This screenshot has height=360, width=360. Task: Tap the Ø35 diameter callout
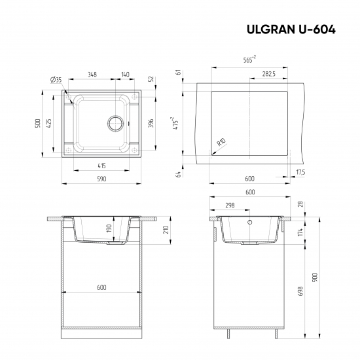(x=56, y=80)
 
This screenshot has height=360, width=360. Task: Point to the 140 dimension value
(x=125, y=73)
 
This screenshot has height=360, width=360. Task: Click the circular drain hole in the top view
(x=116, y=122)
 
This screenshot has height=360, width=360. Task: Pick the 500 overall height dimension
(x=39, y=122)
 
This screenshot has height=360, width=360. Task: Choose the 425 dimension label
(x=50, y=122)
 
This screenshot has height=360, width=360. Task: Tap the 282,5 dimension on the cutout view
(x=268, y=74)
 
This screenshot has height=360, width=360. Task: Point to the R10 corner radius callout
(x=221, y=142)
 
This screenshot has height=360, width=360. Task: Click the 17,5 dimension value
(x=300, y=171)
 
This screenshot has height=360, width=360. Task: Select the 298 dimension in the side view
(x=230, y=205)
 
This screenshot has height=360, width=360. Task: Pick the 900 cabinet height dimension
(x=315, y=277)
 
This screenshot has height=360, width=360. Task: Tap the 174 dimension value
(x=301, y=232)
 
